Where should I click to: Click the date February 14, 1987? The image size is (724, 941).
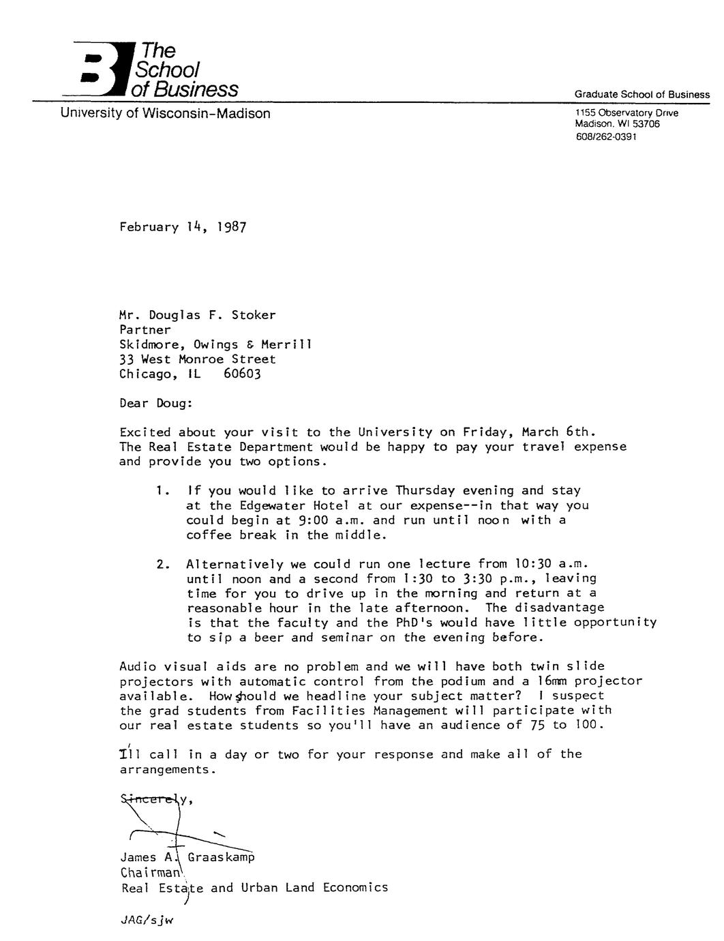[182, 227]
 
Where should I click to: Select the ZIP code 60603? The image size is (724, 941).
[242, 374]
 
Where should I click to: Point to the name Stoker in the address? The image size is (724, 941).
[254, 315]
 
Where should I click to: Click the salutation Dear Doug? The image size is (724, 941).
[156, 403]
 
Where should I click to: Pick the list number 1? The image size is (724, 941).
[160, 490]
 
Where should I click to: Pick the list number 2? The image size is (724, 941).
[161, 564]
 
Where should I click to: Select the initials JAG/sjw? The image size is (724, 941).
[147, 921]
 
